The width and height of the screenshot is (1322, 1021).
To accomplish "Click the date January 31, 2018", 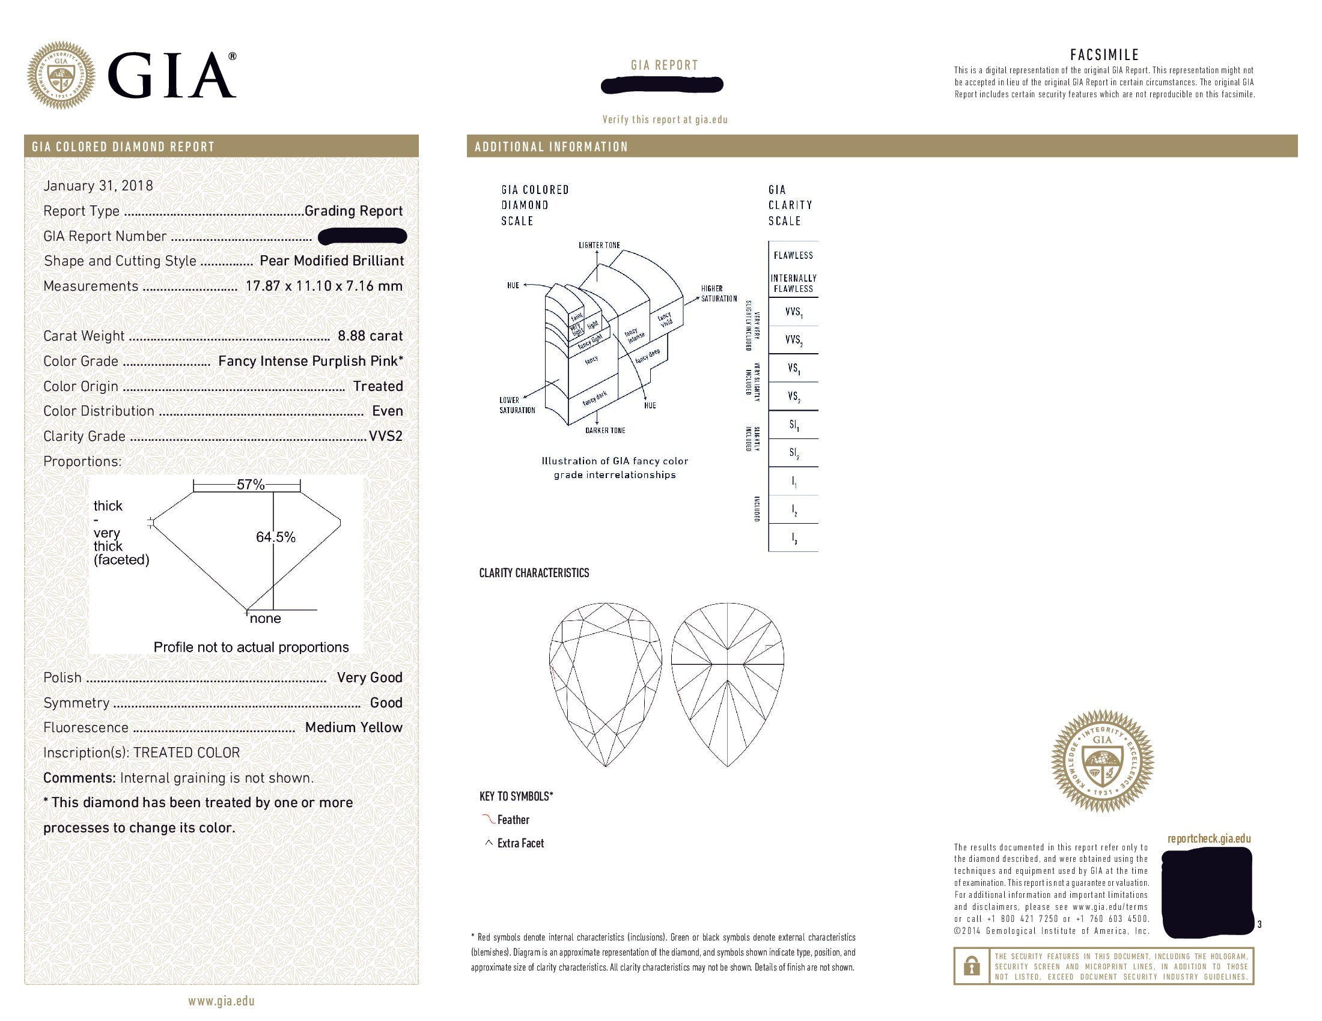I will pos(98,186).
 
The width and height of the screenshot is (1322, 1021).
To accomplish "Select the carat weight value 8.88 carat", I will pos(370,336).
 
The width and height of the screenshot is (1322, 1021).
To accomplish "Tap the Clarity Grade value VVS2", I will pos(386,436).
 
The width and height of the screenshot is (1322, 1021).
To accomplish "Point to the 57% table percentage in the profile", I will pos(250,485).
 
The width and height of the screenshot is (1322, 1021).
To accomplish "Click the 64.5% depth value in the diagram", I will pos(276,537).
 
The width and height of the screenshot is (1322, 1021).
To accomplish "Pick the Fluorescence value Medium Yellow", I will pos(353,728).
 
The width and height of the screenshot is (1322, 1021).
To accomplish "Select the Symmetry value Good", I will pos(386,703).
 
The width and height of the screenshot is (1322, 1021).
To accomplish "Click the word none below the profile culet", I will pos(265,619).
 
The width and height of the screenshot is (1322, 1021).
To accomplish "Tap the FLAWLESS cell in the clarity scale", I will pos(793,255).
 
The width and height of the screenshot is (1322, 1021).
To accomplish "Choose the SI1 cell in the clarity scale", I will pos(794,425).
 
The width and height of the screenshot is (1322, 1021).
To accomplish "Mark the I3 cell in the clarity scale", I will pos(794,538).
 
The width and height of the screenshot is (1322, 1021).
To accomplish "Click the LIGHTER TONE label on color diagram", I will pos(599,245).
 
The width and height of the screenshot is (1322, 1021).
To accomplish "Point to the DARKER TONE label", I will pos(605,431).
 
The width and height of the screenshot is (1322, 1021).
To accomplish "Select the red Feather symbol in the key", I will pos(488,819).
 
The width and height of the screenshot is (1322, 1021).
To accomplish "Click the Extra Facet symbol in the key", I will pos(489,843).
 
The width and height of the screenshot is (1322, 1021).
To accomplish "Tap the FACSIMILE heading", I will pos(1104,55).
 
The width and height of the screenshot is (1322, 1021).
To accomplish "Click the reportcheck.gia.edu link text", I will pos(1209,838).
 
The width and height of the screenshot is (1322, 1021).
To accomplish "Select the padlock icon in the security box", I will pos(972,966).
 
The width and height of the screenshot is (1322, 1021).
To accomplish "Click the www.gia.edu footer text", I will pos(221,1001).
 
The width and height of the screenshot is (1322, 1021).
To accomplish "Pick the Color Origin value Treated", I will pos(378,386).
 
